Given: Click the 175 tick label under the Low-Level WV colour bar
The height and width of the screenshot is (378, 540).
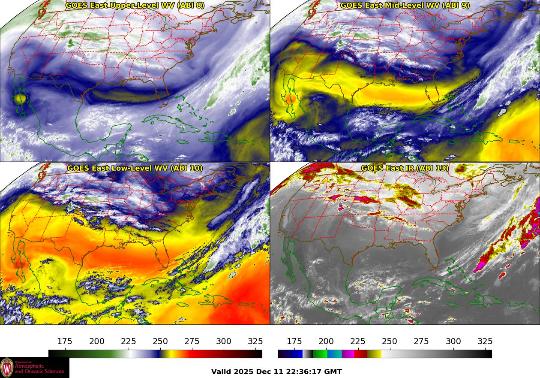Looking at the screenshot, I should (x=65, y=342).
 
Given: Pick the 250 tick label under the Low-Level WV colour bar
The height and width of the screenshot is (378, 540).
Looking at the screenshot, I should (x=160, y=342).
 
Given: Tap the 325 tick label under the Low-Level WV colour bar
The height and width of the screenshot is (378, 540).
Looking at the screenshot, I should (x=255, y=342).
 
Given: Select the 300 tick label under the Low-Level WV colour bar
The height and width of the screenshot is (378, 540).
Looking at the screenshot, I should (x=224, y=342).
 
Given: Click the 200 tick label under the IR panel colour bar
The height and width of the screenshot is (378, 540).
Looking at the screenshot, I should (x=326, y=342).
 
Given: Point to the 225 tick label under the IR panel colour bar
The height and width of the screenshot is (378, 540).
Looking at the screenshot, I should (x=358, y=342).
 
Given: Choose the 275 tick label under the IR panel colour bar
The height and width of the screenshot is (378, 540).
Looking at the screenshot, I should (x=421, y=342).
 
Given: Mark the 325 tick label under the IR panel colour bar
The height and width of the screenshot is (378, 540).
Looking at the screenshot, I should (x=485, y=342).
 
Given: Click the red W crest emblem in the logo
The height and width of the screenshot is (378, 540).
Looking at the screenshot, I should (x=7, y=368).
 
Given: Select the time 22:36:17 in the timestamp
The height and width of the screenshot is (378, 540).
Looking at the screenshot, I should (x=302, y=372).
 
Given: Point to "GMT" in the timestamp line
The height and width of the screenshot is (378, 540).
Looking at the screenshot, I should (x=333, y=372).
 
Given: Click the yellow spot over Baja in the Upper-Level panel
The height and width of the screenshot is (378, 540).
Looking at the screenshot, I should (x=20, y=99).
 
